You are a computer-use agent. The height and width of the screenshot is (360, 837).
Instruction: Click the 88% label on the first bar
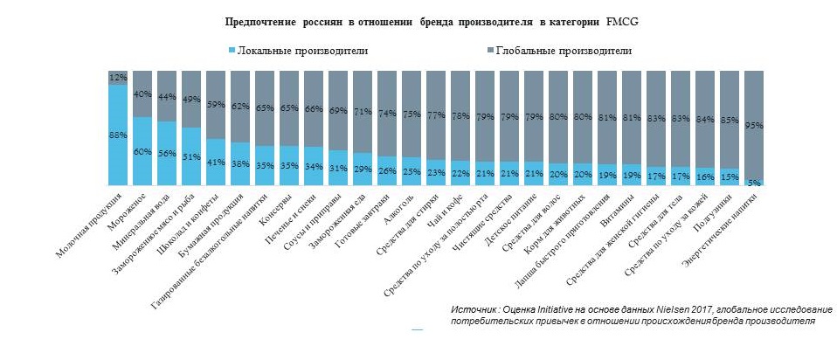(x=118, y=135)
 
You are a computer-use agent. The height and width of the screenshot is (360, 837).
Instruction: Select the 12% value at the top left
(x=118, y=78)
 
